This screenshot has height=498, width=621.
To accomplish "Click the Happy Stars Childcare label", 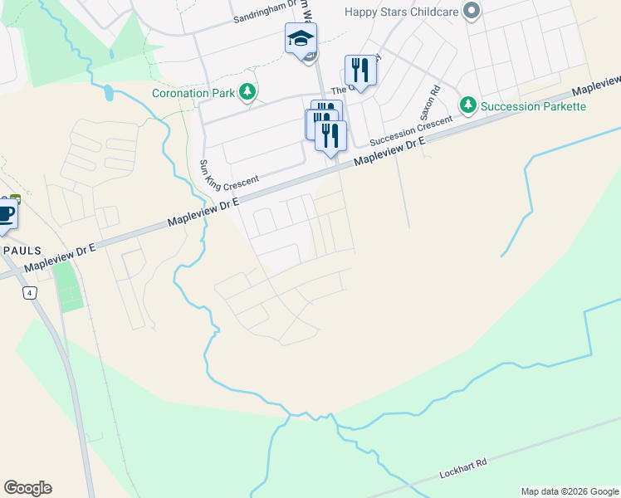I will click(x=402, y=11).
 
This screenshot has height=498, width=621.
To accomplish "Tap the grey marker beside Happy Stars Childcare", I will click(x=472, y=11).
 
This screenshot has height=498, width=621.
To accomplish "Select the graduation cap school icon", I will click(x=301, y=38).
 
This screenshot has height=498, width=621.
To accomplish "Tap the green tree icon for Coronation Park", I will click(x=247, y=92).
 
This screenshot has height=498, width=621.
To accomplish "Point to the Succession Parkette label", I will click(x=534, y=106).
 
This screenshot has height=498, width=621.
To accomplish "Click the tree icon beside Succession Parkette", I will click(x=468, y=105).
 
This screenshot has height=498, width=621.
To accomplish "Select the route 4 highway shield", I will click(x=30, y=293).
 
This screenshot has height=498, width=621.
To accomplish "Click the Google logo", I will click(x=27, y=488).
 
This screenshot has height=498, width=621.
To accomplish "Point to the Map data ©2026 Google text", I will click(x=569, y=491).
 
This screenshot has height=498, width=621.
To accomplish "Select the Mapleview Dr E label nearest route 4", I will click(x=61, y=258).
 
